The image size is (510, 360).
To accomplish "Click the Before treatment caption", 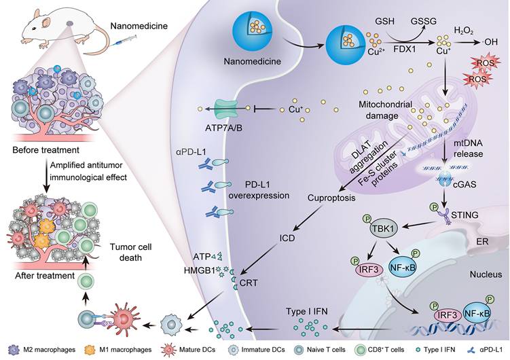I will pyautogui.click(x=48, y=149).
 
